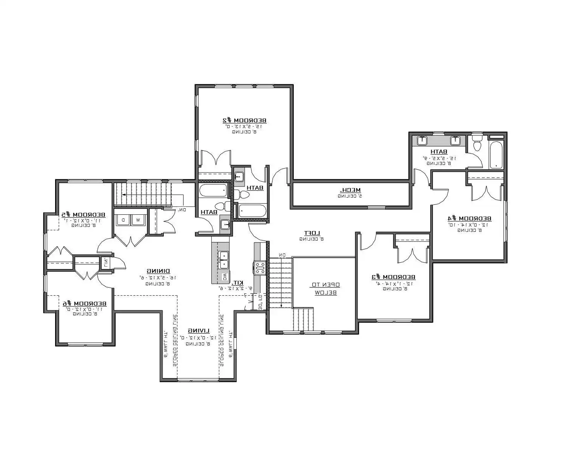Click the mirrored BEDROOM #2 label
point(244,120)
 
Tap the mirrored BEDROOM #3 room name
point(394,277)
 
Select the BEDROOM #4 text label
point(470,218)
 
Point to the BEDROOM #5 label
point(84,215)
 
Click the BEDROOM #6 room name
point(85,304)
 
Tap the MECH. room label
point(350,190)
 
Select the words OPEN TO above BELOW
point(326,285)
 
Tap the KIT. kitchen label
point(237,283)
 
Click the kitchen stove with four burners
point(260,268)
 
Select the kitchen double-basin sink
point(223,260)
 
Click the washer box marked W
point(138,220)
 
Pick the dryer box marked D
point(123,220)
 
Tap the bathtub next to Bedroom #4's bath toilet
point(496,155)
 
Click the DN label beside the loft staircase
point(282,255)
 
